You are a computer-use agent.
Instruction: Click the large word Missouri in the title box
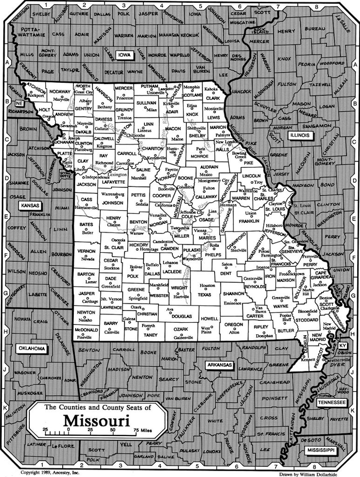pos(96,420)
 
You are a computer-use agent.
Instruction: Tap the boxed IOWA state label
pos(123,54)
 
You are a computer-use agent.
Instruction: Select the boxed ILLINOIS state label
pos(300,135)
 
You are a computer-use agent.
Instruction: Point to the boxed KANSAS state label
pos(30,206)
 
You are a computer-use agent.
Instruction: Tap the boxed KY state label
pos(343,345)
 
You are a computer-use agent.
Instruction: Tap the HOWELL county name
pos(210,318)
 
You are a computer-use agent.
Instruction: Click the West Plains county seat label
pos(206,330)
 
